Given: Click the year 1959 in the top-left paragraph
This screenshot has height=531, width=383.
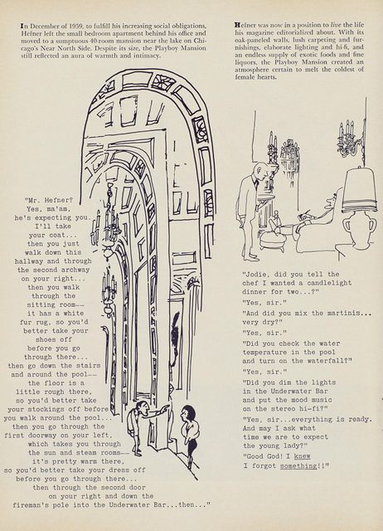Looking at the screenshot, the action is pyautogui.click(x=76, y=26).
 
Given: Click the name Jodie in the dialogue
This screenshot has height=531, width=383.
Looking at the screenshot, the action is pyautogui.click(x=255, y=275).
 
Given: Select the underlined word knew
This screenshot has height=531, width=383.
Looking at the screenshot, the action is pyautogui.click(x=302, y=456).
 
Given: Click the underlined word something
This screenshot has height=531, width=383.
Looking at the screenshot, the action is pyautogui.click(x=298, y=466).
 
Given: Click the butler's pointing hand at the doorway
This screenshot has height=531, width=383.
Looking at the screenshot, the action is pyautogui.click(x=165, y=408).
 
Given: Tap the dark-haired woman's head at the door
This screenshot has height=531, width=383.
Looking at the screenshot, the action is pyautogui.click(x=186, y=414).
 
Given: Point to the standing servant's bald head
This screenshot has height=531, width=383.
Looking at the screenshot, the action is pyautogui.click(x=259, y=169).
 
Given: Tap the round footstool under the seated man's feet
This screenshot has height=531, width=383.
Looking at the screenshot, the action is pyautogui.click(x=274, y=238).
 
